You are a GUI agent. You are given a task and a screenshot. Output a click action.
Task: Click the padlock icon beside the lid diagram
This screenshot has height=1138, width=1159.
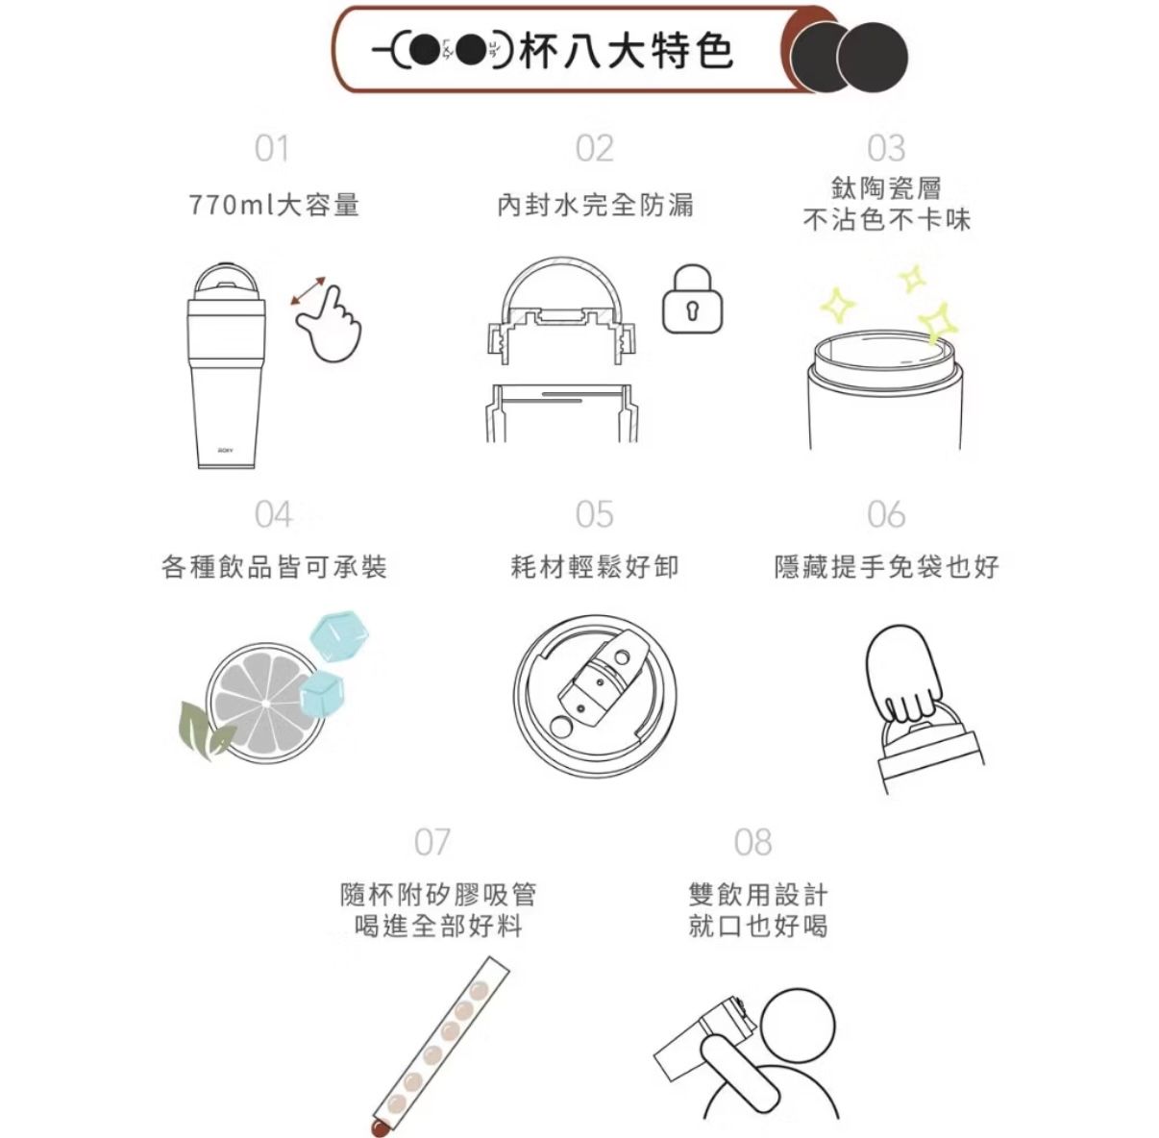point(692,299)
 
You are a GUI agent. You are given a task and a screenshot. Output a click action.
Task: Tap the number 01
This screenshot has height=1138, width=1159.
point(271,148)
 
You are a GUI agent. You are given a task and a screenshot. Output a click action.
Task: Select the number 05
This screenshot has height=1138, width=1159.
point(594,514)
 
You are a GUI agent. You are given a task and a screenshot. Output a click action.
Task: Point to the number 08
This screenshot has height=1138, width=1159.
point(753,842)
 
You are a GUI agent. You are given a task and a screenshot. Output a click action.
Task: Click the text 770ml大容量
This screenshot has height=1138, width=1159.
point(274,206)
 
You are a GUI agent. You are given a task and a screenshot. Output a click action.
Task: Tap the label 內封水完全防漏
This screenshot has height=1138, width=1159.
point(595,206)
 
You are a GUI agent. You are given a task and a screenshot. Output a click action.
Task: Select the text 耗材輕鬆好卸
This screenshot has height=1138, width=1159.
point(595,567)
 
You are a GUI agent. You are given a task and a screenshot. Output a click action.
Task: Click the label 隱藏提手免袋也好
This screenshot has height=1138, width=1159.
point(886,567)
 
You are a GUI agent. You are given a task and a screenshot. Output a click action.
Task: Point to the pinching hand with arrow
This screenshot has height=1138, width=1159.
point(328,319)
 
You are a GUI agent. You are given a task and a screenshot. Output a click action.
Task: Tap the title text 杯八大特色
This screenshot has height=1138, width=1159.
point(626,51)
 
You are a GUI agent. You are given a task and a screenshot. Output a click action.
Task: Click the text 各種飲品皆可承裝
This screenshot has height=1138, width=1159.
point(274,567)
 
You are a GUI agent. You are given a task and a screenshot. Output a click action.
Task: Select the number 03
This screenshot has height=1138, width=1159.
point(886,148)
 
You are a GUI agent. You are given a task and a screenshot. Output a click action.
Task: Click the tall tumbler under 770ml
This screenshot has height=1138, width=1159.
point(227,365)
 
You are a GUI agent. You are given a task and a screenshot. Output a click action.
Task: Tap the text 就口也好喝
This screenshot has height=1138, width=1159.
point(758,926)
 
